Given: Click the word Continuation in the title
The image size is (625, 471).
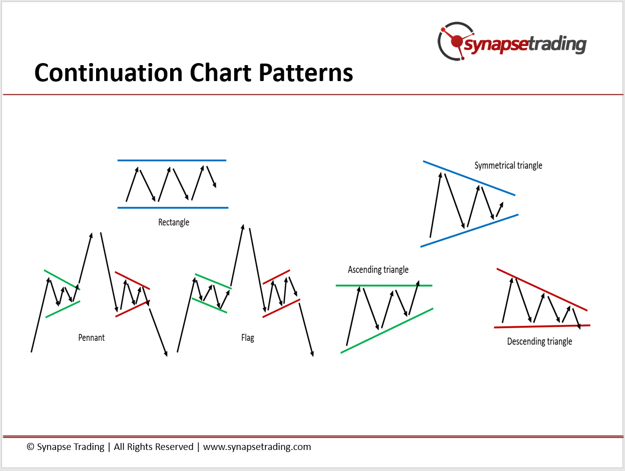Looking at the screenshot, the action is click(108, 73).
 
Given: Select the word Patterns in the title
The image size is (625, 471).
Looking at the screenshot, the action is click(306, 73).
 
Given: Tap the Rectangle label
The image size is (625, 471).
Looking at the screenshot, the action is click(174, 222).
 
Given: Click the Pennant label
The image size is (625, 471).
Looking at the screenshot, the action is click(92, 337).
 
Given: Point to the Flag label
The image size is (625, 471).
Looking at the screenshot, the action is click(248, 338).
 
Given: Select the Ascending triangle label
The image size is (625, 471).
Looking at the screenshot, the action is click(378, 269).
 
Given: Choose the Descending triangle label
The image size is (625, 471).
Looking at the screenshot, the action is click(539, 341).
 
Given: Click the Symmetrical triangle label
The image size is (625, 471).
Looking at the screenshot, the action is click(508, 166).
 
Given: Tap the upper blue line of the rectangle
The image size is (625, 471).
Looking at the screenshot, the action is click(172, 160).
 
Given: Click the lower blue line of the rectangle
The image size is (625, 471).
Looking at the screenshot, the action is click(173, 208).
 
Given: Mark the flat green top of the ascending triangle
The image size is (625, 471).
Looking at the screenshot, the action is click(384, 285).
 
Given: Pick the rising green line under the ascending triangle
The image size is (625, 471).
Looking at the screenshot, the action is click(387, 331).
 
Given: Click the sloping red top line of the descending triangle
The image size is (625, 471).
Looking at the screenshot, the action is click(542, 289).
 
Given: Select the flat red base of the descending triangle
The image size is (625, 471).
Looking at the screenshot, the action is click(542, 326).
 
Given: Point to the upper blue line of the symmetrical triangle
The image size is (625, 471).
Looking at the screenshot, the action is click(469, 178).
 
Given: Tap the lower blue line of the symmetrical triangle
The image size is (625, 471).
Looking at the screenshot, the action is click(469, 231).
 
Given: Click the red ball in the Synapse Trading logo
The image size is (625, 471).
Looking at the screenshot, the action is click(457, 41).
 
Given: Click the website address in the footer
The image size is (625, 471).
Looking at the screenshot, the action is click(257, 447).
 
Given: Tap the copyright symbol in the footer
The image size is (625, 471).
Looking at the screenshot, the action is click(31, 447).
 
